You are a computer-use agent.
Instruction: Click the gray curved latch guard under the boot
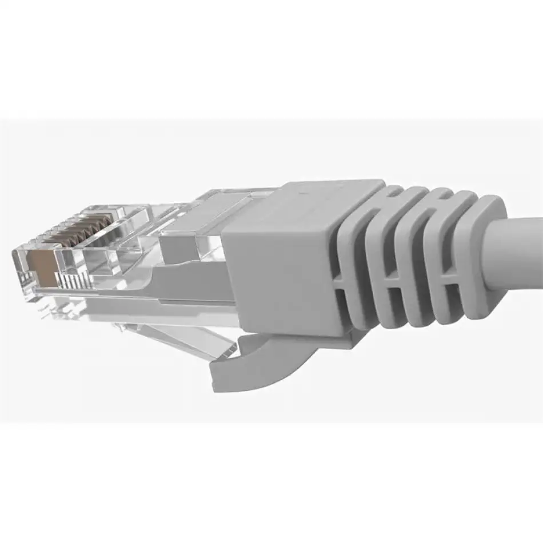269,357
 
